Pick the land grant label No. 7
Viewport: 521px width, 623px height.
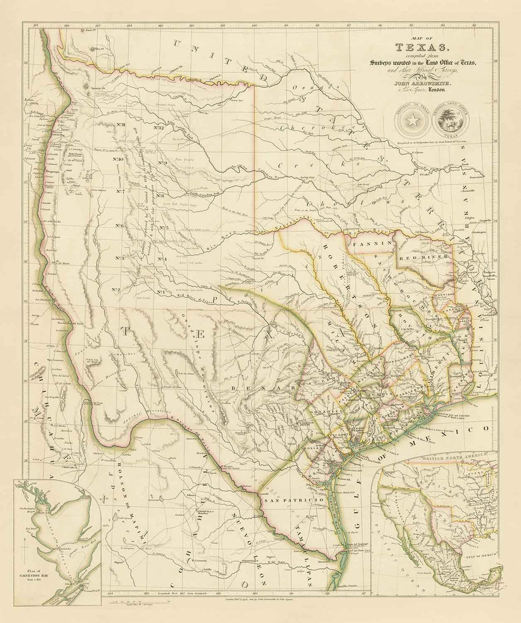pyautogui.click(x=120, y=191)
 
